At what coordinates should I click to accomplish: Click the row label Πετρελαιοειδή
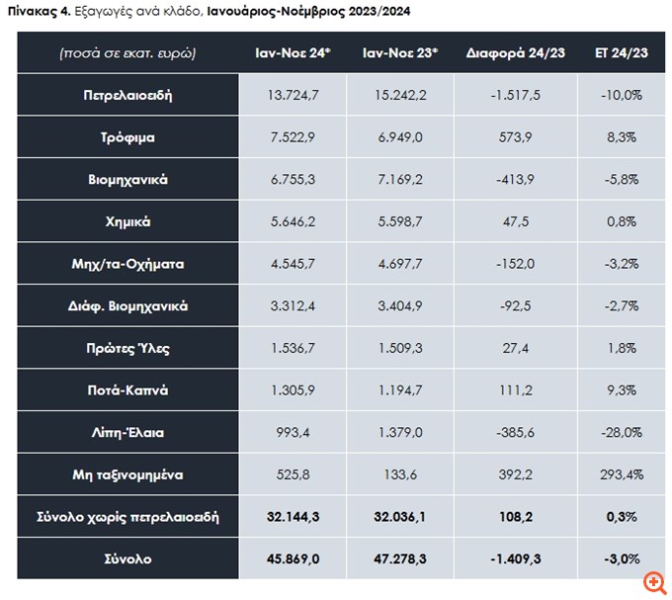point(128,96)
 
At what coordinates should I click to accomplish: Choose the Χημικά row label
point(128,222)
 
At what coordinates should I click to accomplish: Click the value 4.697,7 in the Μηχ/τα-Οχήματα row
point(401,264)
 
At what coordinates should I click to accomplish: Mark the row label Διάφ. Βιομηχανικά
point(128,306)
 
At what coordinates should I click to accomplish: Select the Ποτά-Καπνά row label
point(128,390)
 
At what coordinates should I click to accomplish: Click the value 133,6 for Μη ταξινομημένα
point(401,474)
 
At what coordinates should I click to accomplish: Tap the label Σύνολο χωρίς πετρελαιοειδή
point(128,517)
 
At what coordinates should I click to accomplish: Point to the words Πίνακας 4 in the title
point(38,11)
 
